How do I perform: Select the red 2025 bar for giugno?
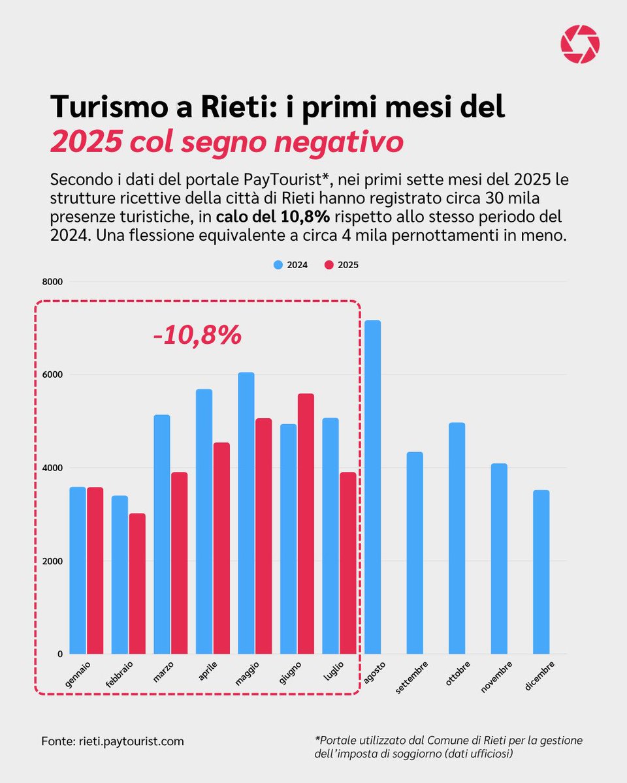point(305,523)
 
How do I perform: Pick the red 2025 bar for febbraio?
point(137,583)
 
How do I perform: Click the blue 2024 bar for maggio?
point(246,513)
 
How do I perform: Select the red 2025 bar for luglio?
point(347,562)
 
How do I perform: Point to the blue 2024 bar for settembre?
point(415,553)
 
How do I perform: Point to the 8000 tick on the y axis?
point(52,282)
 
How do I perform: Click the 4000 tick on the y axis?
point(52,468)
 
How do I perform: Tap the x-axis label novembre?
point(498,676)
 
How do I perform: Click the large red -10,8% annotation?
point(197,335)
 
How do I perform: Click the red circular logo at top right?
point(579,44)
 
